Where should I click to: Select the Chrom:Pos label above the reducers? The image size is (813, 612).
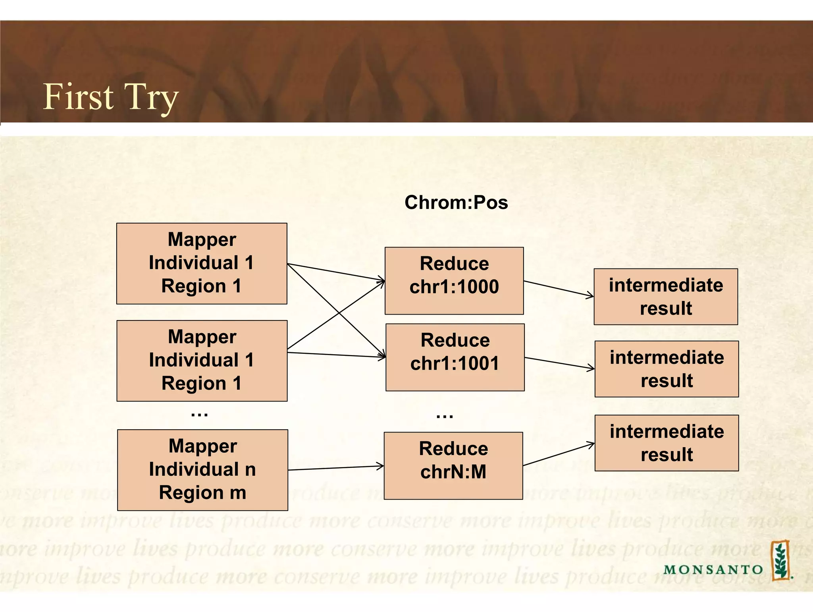pos(456,202)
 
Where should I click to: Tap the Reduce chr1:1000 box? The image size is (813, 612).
pos(454,280)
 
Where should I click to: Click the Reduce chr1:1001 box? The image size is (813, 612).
pos(455,357)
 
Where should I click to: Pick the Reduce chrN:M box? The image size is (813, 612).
pos(453,465)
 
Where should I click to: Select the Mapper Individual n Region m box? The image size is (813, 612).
pos(202,469)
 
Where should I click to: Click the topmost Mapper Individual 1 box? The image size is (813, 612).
pos(202,263)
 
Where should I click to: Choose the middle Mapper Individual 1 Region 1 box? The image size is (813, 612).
pos(202,361)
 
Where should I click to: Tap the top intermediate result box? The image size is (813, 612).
pos(665,297)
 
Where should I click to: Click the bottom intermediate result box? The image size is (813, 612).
pos(666,443)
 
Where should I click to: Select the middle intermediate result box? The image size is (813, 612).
pos(666,369)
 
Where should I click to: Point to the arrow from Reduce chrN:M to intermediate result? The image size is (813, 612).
pos(559,454)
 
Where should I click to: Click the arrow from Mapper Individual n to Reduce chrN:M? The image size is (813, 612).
pos(336,468)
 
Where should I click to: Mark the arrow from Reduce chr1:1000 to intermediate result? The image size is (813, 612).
pos(559,289)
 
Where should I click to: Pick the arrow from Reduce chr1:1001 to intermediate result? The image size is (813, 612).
pos(559,363)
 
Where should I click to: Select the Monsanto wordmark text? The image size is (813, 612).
pos(713,570)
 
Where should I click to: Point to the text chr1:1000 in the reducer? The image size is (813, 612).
pos(454,287)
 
